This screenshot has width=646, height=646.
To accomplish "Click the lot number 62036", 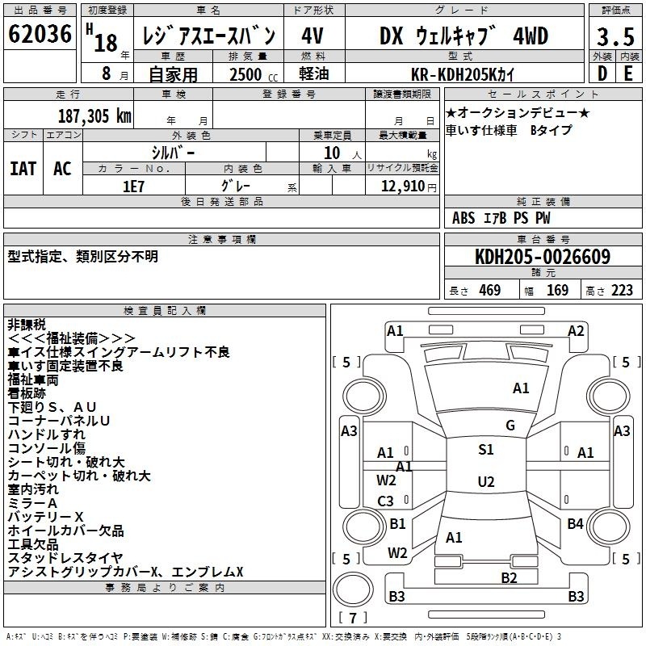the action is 40,34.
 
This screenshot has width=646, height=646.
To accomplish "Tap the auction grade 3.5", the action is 615,36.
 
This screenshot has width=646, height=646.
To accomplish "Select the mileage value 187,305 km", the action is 94,116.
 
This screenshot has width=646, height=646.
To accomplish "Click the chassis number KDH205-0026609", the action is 543,257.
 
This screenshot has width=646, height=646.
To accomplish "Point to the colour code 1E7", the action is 133,187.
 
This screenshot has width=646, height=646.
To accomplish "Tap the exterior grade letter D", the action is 602,73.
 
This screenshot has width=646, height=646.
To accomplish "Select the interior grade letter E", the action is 628,73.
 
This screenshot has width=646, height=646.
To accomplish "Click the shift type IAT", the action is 23,169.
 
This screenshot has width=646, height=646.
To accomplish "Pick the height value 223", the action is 622,291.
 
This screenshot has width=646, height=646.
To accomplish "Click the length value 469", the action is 490,291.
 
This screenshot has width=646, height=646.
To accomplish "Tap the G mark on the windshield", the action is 510,426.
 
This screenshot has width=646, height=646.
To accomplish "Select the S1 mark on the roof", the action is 486,450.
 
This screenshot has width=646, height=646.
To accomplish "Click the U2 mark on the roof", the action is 486,481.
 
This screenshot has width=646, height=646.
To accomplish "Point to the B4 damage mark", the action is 575,523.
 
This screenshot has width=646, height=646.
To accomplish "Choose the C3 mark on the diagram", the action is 386,501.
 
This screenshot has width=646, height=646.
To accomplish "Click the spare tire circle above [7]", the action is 353,589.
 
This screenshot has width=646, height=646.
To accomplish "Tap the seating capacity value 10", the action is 332,153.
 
